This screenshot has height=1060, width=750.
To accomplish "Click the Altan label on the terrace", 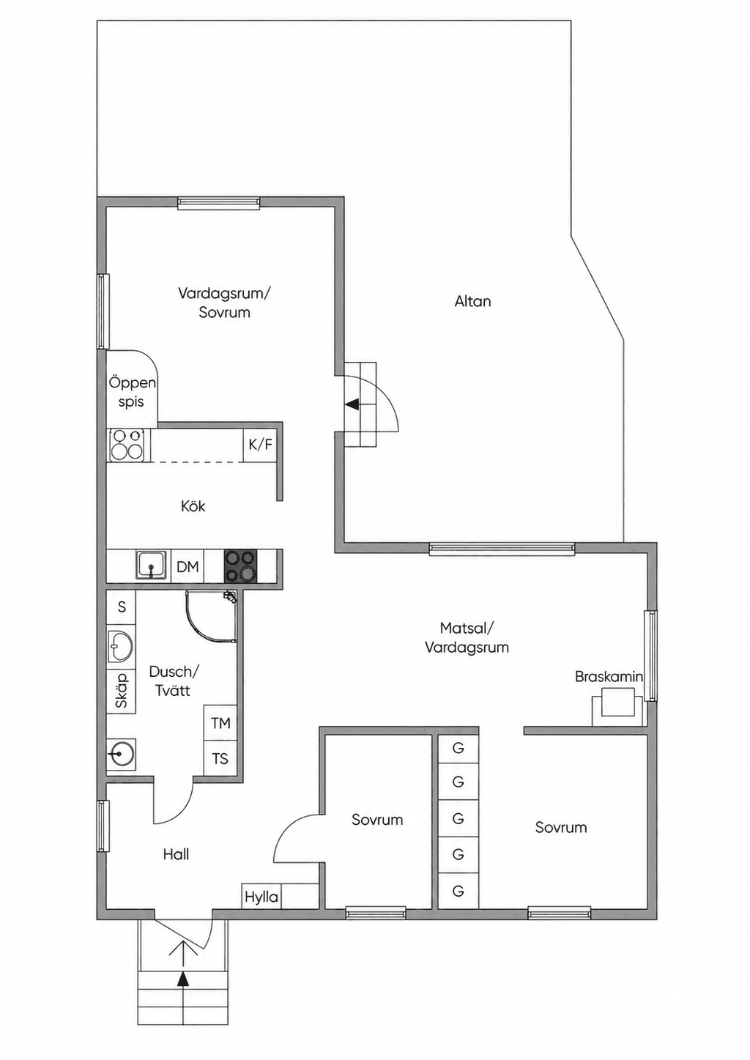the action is [472, 301].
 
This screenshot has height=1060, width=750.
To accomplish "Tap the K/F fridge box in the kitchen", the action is [260, 445].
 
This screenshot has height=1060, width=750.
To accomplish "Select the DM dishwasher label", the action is [187, 566].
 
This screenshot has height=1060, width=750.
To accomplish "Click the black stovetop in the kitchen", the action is [240, 566].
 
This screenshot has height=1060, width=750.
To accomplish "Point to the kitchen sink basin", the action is [152, 565].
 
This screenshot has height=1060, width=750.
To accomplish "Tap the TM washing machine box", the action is [220, 723].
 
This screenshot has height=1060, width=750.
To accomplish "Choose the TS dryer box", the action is [220, 759].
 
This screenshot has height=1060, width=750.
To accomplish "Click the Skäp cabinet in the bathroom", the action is [122, 691].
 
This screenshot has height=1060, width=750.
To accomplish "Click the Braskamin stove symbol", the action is [618, 707].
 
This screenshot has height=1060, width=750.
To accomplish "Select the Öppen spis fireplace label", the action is [132, 393].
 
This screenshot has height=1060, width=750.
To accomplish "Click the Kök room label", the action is [193, 506].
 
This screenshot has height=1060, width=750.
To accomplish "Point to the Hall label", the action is [176, 854].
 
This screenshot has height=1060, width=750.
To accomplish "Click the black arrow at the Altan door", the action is [352, 404].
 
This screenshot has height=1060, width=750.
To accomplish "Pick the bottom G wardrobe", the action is [458, 891].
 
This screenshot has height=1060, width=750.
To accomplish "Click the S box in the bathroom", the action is [122, 607].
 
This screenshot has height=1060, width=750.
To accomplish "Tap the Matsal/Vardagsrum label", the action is [467, 637].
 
